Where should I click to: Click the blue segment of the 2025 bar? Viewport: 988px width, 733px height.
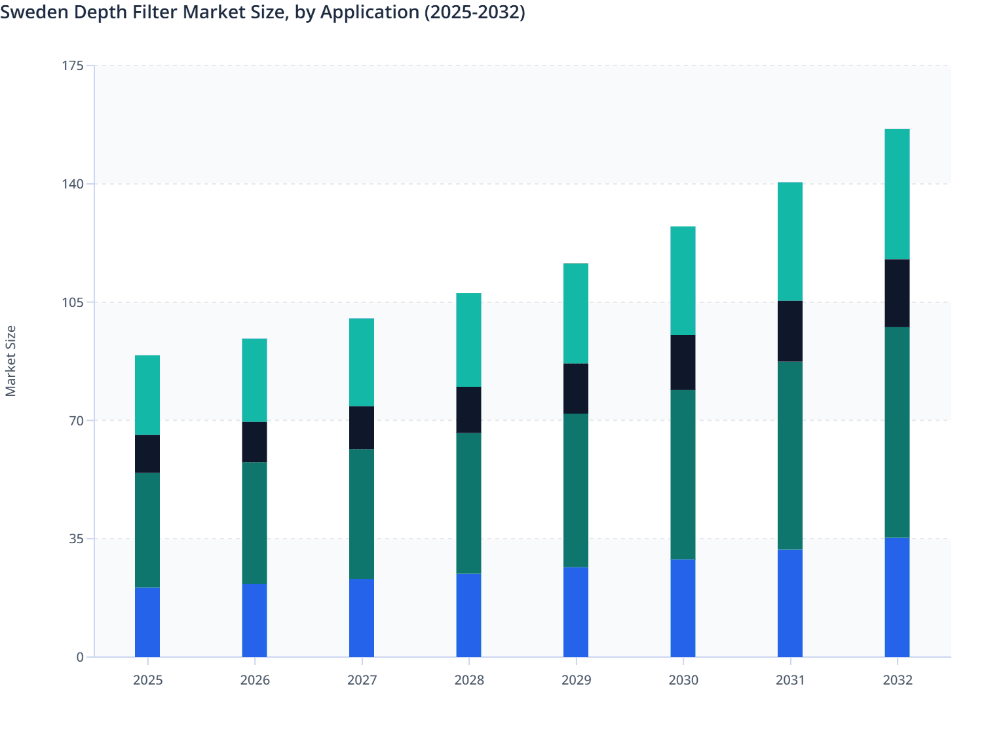pyautogui.click(x=147, y=622)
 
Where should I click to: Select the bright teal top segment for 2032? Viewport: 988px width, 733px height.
pyautogui.click(x=897, y=194)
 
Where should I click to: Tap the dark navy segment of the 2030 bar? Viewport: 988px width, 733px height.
pyautogui.click(x=683, y=363)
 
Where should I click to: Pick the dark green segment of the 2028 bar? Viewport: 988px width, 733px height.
pyautogui.click(x=468, y=503)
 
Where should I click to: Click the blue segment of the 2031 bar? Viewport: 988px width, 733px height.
pyautogui.click(x=789, y=603)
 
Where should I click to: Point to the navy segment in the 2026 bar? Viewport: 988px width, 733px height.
pyautogui.click(x=254, y=442)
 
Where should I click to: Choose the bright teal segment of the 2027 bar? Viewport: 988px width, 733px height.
pyautogui.click(x=362, y=363)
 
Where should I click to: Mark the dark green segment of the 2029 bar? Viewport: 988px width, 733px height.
pyautogui.click(x=575, y=490)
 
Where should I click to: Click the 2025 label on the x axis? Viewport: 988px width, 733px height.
pyautogui.click(x=147, y=680)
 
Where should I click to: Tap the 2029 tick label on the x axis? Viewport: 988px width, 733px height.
pyautogui.click(x=576, y=680)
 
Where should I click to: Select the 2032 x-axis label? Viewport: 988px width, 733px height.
pyautogui.click(x=897, y=680)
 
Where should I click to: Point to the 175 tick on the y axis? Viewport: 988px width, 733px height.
pyautogui.click(x=73, y=65)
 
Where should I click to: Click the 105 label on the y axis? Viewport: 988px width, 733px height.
pyautogui.click(x=73, y=302)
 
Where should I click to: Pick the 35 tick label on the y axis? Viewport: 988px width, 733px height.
pyautogui.click(x=76, y=539)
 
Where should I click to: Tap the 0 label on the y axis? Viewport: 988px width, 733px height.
pyautogui.click(x=80, y=657)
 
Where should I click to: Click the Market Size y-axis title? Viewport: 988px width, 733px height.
pyautogui.click(x=10, y=361)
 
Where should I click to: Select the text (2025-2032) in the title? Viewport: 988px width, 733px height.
pyautogui.click(x=474, y=12)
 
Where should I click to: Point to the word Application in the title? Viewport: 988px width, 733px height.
pyautogui.click(x=370, y=12)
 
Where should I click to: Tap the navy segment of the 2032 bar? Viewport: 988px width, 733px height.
pyautogui.click(x=897, y=293)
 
